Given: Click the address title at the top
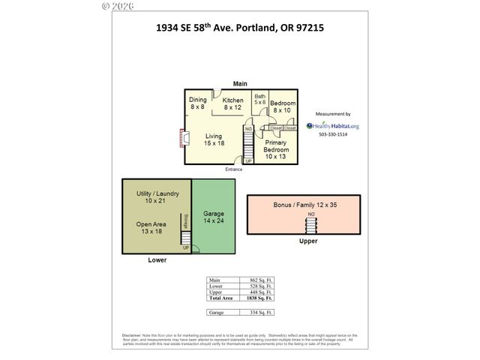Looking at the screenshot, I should click(x=240, y=30).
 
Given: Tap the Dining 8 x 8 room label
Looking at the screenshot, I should click(x=197, y=103).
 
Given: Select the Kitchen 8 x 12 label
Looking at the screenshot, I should click(x=232, y=103).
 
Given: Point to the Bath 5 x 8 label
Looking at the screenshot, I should click(x=259, y=99).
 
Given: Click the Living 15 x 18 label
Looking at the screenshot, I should click(x=214, y=139).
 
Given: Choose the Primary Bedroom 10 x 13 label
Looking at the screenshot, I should click(x=275, y=149).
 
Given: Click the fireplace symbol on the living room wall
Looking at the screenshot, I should click(x=182, y=139).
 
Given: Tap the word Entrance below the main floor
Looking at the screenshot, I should click(x=234, y=169).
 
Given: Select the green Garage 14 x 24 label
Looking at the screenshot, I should click(x=214, y=218).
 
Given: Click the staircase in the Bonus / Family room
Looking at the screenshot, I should click(x=311, y=223).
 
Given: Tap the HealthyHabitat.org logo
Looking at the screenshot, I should click(x=332, y=126).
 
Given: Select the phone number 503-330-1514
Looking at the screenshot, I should click(x=332, y=136).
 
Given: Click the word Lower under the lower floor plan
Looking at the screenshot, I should click(x=157, y=260).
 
